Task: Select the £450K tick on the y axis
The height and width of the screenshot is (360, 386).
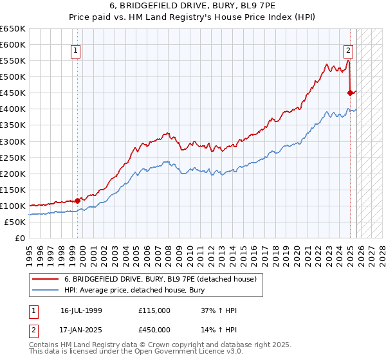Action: pyautogui.click(x=13, y=93)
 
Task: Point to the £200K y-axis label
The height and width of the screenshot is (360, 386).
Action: pyautogui.click(x=13, y=174)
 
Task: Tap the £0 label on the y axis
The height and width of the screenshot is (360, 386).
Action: pyautogui.click(x=19, y=238)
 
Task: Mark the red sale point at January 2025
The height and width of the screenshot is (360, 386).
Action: pyautogui.click(x=351, y=93)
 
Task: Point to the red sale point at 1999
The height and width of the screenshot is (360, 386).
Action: pyautogui.click(x=77, y=201)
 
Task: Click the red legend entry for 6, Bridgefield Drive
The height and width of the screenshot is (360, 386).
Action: pyautogui.click(x=160, y=279)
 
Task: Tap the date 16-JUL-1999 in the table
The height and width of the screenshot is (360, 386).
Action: pyautogui.click(x=81, y=310)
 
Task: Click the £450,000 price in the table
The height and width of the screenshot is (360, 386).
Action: pyautogui.click(x=154, y=330)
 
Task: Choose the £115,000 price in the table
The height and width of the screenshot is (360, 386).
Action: pyautogui.click(x=154, y=310)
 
